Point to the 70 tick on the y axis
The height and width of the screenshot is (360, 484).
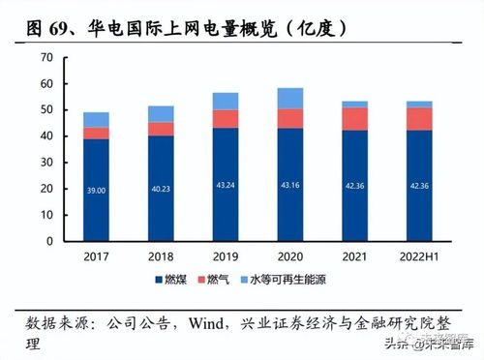point(46,58)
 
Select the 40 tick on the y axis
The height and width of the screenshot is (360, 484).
point(46,136)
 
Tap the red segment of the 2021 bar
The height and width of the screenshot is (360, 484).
point(354,118)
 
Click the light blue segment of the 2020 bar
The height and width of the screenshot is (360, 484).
point(289,98)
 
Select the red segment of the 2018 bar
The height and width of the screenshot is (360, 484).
point(161,129)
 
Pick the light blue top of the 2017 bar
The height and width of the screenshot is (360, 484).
point(96,119)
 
